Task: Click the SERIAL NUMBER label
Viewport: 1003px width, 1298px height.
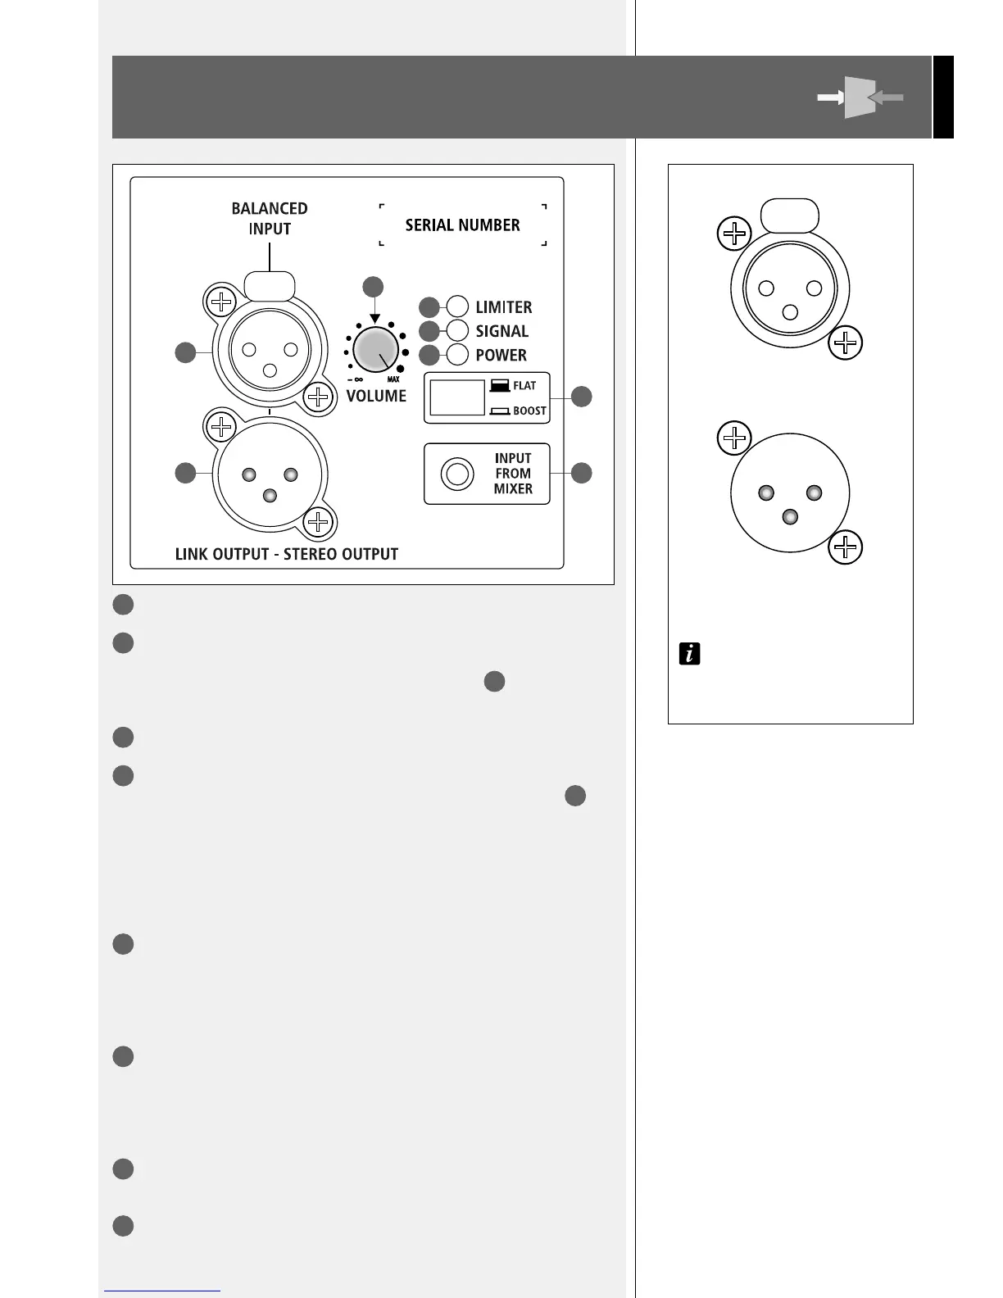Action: click(x=462, y=225)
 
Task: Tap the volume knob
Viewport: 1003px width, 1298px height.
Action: click(x=376, y=348)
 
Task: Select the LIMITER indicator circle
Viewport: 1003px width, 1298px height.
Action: click(x=457, y=307)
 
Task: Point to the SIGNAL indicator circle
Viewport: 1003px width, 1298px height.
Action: click(x=457, y=331)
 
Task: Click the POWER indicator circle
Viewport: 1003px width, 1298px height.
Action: click(x=457, y=355)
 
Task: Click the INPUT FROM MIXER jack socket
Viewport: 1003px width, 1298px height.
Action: click(x=456, y=474)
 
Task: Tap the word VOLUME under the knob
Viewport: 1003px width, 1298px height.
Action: click(x=376, y=396)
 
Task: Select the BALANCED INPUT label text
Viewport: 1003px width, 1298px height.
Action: click(x=270, y=219)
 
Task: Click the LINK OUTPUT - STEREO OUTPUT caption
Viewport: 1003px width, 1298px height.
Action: click(x=287, y=554)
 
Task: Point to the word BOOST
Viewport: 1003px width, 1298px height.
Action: click(x=529, y=411)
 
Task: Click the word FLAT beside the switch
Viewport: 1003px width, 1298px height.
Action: click(x=524, y=386)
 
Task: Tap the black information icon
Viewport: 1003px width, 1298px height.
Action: click(x=690, y=654)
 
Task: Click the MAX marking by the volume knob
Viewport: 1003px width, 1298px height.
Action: click(x=393, y=380)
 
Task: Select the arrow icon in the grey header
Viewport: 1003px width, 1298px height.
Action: click(x=860, y=98)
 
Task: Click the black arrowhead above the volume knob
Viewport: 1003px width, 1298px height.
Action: click(x=374, y=318)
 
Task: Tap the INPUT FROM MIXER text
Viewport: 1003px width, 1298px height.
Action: click(x=513, y=474)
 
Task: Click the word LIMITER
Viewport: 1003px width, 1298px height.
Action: click(x=504, y=307)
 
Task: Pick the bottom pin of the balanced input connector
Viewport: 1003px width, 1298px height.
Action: click(x=270, y=370)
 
